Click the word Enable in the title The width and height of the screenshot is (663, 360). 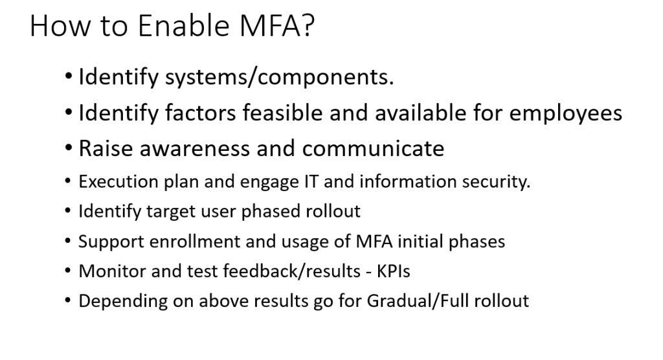click(183, 25)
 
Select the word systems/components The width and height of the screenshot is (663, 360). click(279, 78)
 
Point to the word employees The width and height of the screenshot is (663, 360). click(565, 114)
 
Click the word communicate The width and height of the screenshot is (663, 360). click(373, 148)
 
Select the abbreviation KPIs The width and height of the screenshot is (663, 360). click(393, 271)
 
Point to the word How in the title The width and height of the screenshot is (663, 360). click(60, 25)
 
